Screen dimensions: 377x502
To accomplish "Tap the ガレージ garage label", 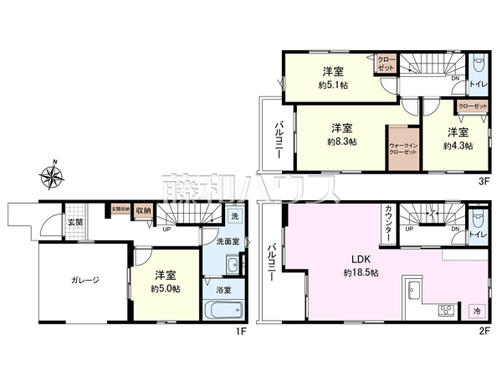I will point(84,281).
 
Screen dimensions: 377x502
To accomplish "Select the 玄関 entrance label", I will point(75,222).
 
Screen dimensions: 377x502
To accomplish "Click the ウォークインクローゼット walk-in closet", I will point(402,149).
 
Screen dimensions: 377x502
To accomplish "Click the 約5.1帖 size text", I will point(333,84).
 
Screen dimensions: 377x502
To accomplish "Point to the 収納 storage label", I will point(143,211).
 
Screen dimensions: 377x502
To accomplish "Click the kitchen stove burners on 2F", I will point(445,311).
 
